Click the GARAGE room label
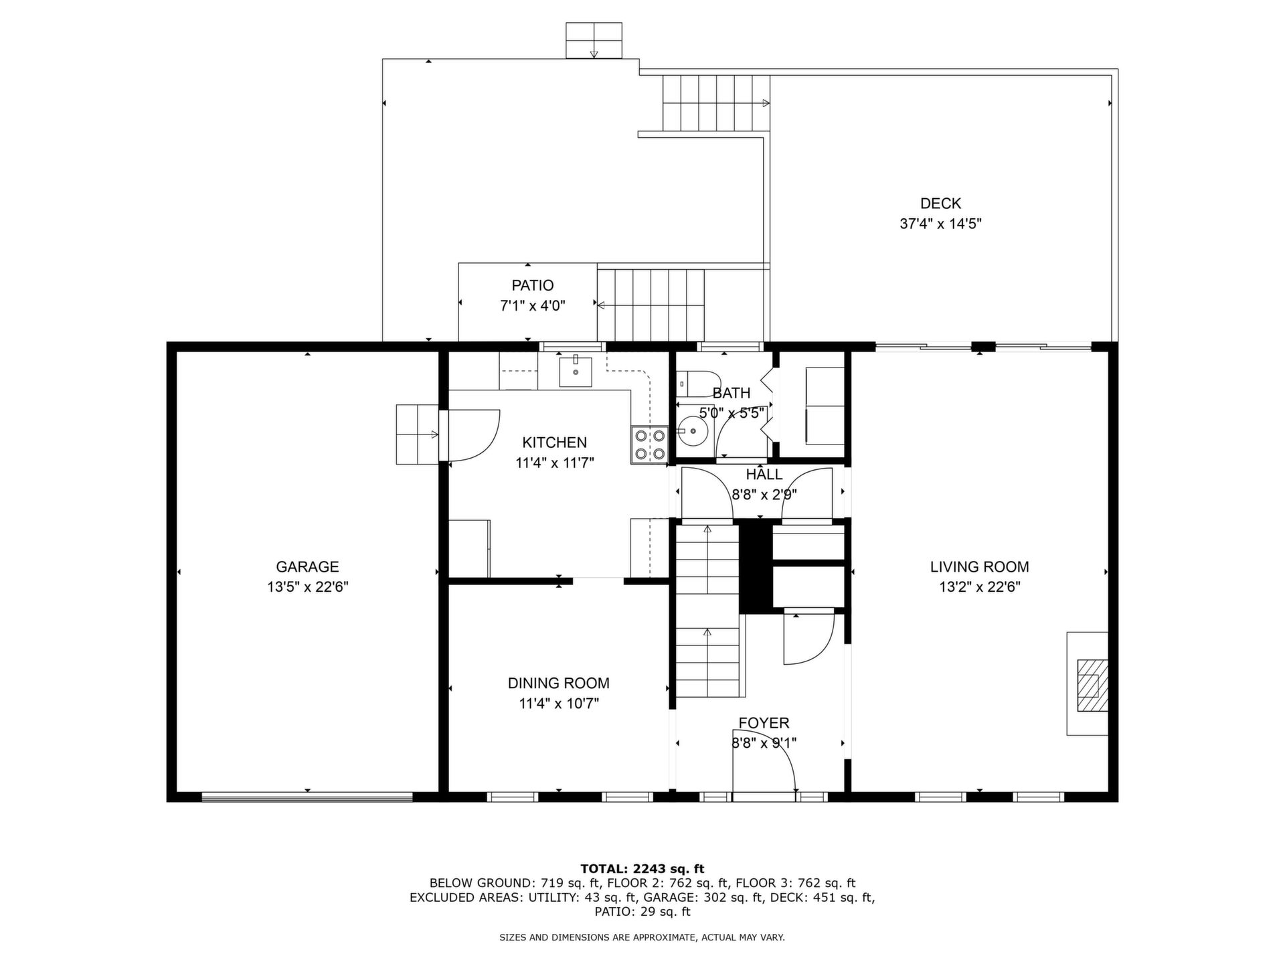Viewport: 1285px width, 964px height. click(x=307, y=567)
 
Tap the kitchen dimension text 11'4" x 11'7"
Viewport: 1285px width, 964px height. click(x=555, y=463)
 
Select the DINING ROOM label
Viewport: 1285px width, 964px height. click(x=558, y=684)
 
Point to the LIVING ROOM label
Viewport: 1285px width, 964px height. click(x=979, y=567)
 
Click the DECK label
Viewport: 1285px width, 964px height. click(x=940, y=204)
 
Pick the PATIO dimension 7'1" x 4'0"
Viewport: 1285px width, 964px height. click(x=533, y=306)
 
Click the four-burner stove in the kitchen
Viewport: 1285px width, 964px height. click(x=650, y=445)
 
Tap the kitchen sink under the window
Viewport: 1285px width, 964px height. click(x=576, y=372)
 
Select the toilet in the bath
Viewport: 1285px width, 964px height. click(x=696, y=384)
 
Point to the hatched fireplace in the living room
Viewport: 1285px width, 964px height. click(x=1092, y=685)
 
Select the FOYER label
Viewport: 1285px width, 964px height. click(x=764, y=723)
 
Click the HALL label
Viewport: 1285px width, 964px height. click(x=764, y=475)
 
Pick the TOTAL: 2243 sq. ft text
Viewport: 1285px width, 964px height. click(x=642, y=869)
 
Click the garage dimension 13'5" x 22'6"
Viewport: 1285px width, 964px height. click(x=307, y=587)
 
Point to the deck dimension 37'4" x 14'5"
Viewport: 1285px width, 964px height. click(x=940, y=224)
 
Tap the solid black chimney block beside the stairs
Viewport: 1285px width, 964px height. click(x=756, y=566)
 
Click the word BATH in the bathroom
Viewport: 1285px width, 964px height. click(x=732, y=393)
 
